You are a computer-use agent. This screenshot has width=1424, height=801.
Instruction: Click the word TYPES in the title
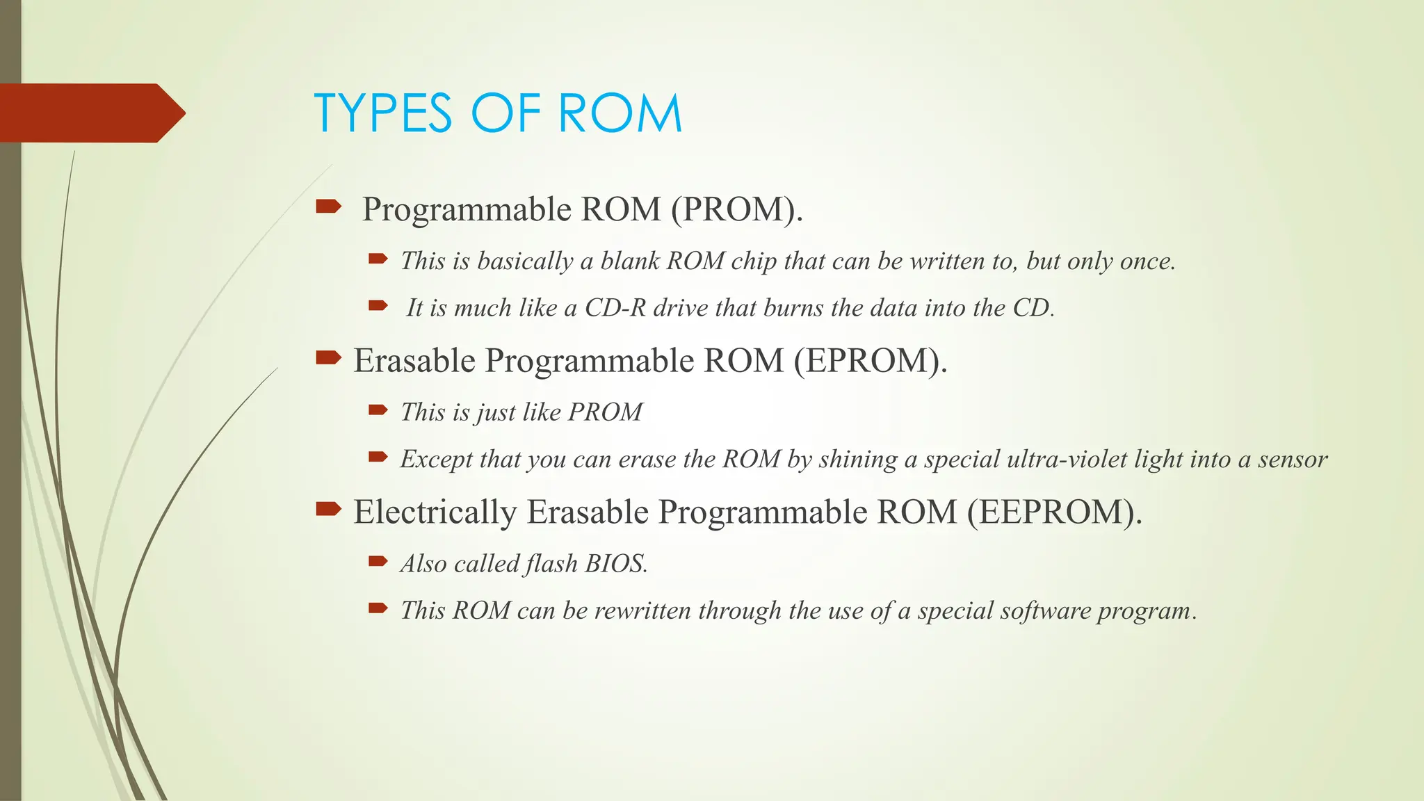[x=383, y=113]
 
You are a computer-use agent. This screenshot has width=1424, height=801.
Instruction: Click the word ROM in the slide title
[x=620, y=113]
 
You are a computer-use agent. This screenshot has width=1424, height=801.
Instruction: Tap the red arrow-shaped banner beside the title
[x=90, y=113]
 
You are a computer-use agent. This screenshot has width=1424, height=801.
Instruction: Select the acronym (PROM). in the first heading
[x=736, y=209]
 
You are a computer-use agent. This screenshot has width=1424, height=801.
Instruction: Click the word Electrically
[x=435, y=512]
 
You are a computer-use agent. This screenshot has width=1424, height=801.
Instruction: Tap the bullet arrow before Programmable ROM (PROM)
[x=328, y=207]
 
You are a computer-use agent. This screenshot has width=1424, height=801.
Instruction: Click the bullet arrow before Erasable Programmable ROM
[x=328, y=358]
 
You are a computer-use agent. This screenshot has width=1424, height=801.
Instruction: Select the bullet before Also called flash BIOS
[x=378, y=560]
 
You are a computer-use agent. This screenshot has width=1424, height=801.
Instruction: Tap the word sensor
[x=1293, y=460]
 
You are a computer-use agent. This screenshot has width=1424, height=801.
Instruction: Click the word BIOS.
[x=616, y=564]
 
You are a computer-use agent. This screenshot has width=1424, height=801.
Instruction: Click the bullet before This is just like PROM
[x=378, y=410]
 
